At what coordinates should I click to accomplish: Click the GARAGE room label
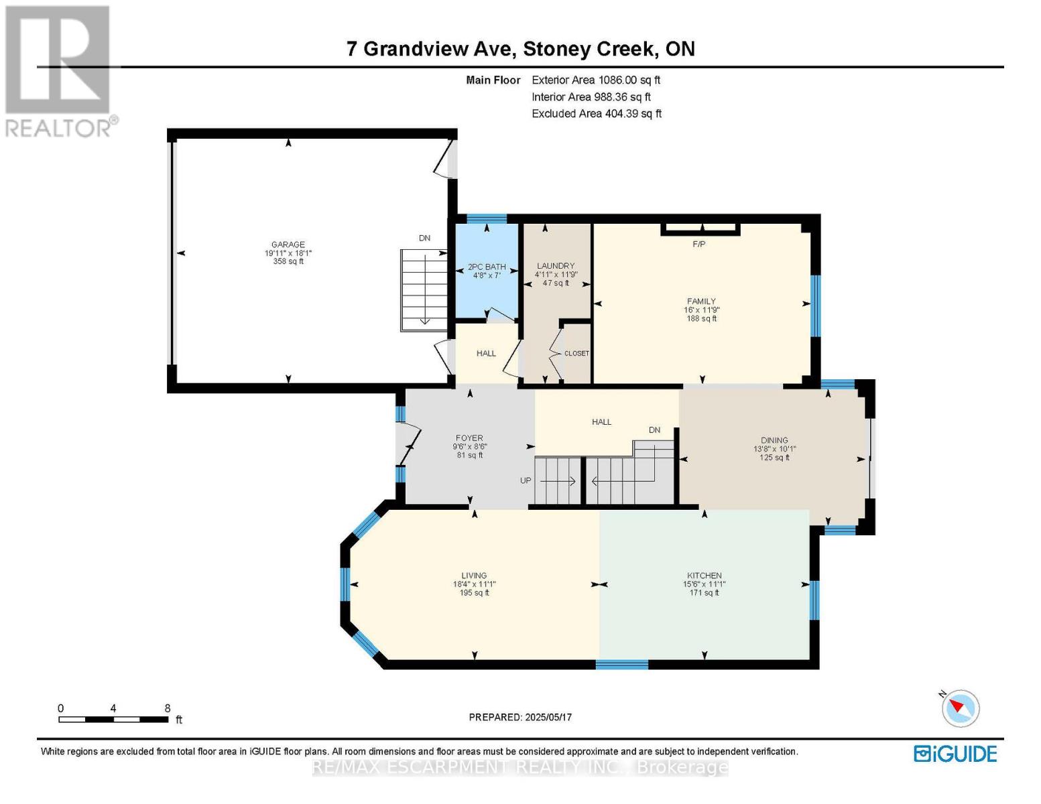(288, 245)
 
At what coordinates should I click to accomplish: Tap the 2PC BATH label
(487, 267)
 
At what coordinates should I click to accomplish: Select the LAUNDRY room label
(555, 266)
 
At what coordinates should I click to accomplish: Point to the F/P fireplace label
(699, 245)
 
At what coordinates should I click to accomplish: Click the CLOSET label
(576, 353)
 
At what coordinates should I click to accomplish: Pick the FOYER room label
(469, 438)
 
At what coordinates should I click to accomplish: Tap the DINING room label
(774, 440)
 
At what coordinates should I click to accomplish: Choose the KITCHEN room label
(705, 576)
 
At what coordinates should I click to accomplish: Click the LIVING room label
(474, 576)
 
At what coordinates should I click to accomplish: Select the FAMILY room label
(701, 301)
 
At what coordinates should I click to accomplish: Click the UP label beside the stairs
(526, 480)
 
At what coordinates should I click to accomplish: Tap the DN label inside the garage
(424, 238)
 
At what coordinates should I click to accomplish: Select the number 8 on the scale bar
(167, 708)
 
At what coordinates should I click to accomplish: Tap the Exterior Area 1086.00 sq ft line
(596, 80)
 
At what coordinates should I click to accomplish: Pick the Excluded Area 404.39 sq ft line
(597, 114)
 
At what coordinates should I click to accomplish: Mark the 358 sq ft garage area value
(288, 261)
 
